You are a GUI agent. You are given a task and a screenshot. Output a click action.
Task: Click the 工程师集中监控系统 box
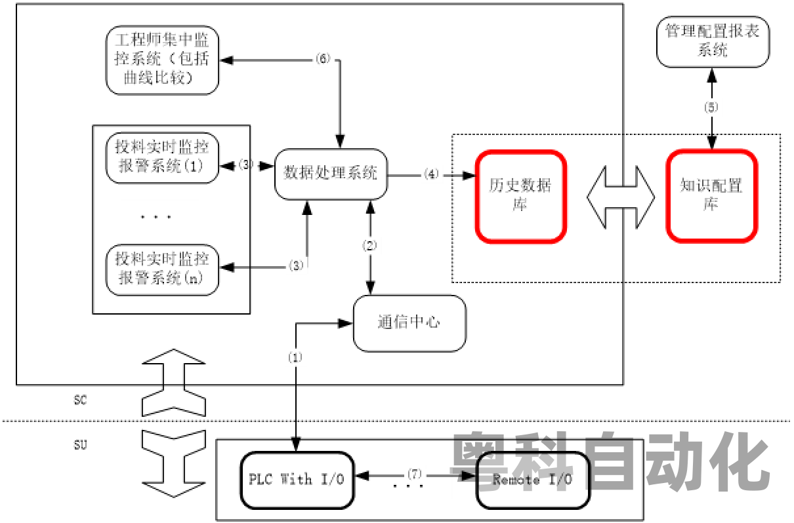pyautogui.click(x=161, y=58)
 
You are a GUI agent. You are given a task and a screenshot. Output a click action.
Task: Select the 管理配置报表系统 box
pyautogui.click(x=712, y=41)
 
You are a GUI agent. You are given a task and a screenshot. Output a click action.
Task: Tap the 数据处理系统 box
pyautogui.click(x=330, y=174)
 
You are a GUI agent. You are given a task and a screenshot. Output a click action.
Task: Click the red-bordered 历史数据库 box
pyautogui.click(x=520, y=195)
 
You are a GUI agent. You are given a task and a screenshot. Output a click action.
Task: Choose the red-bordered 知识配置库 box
pyautogui.click(x=711, y=195)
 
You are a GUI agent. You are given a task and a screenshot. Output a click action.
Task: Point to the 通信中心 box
pyautogui.click(x=409, y=322)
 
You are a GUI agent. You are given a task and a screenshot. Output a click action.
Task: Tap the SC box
pyautogui.click(x=80, y=401)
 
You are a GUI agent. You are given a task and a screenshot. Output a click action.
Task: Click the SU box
pyautogui.click(x=80, y=446)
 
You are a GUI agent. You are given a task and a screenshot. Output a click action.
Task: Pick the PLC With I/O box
pyautogui.click(x=297, y=480)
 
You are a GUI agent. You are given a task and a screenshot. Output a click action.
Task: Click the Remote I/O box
pyautogui.click(x=532, y=480)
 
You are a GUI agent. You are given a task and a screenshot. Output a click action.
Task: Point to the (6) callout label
pyautogui.click(x=324, y=58)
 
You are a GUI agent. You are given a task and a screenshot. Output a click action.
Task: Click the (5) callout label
pyautogui.click(x=711, y=107)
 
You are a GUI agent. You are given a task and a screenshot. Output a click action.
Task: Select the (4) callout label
pyautogui.click(x=431, y=174)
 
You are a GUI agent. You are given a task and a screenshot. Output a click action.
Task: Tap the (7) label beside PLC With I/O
pyautogui.click(x=414, y=473)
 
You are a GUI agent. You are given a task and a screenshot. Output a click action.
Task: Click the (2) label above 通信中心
pyautogui.click(x=370, y=246)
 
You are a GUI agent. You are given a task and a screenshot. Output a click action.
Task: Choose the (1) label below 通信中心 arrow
pyautogui.click(x=295, y=358)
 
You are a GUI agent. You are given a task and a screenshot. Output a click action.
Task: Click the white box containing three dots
pyautogui.click(x=159, y=216)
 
